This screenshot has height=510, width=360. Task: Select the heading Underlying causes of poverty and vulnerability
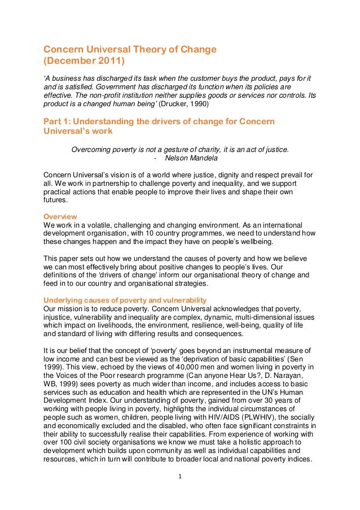coord(125,299)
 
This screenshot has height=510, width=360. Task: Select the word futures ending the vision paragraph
coord(55,200)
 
